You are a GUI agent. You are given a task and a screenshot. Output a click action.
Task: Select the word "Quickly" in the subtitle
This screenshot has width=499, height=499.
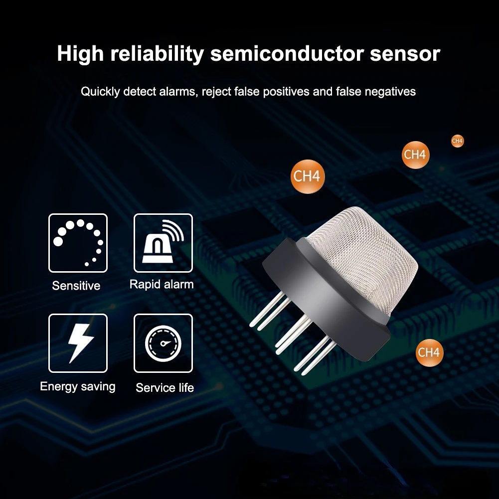(100, 92)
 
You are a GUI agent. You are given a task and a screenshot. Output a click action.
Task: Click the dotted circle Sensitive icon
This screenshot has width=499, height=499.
(78, 243)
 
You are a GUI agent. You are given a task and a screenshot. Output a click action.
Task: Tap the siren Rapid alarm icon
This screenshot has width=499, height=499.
(163, 243)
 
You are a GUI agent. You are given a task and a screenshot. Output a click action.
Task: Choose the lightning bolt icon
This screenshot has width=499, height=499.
(78, 343)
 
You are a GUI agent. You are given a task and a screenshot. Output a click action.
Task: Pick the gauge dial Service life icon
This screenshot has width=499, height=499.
(163, 343)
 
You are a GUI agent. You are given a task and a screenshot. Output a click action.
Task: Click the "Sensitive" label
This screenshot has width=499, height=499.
(76, 286)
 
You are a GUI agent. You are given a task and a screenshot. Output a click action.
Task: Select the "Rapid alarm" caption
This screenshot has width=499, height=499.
(162, 284)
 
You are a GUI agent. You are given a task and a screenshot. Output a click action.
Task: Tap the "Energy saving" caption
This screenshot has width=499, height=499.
(78, 387)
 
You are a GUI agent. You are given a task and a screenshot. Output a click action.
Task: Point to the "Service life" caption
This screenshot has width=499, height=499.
(165, 388)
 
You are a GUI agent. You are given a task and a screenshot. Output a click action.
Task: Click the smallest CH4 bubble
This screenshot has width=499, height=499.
(457, 141)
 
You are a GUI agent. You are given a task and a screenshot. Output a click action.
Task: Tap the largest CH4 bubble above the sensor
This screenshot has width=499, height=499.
(308, 176)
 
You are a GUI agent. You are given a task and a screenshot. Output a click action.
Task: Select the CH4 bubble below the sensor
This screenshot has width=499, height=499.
(429, 352)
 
